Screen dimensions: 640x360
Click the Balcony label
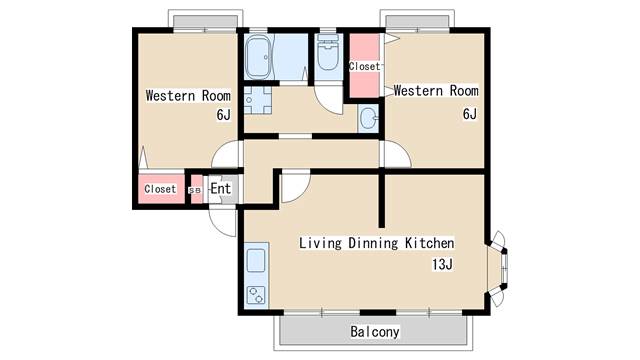point(375,331)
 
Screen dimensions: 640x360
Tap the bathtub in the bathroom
point(258,57)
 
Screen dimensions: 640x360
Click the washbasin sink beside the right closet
point(369,118)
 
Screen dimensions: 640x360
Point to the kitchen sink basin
point(256,261)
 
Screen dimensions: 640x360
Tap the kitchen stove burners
point(256,296)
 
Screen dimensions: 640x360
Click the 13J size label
point(442,264)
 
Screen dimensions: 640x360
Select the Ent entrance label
point(221,189)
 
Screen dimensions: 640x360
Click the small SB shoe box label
point(195,191)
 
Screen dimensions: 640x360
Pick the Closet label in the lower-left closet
point(160,189)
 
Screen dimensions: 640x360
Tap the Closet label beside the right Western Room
point(364,66)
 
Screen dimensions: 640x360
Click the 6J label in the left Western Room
point(224,115)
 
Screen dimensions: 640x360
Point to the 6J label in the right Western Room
point(470,114)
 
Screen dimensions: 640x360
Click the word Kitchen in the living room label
point(429,243)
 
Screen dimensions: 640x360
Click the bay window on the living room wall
point(498,268)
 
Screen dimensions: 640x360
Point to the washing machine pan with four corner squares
point(258,100)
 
